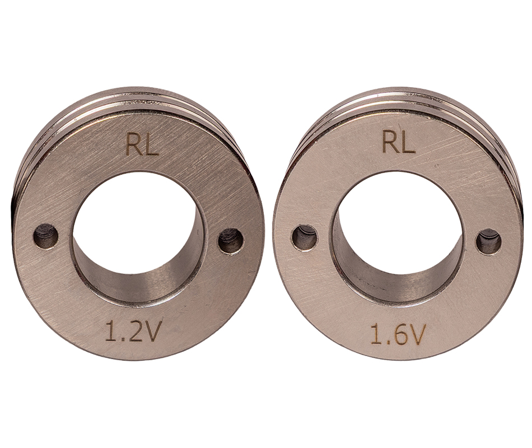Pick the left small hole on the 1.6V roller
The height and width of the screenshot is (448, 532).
point(304,236)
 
